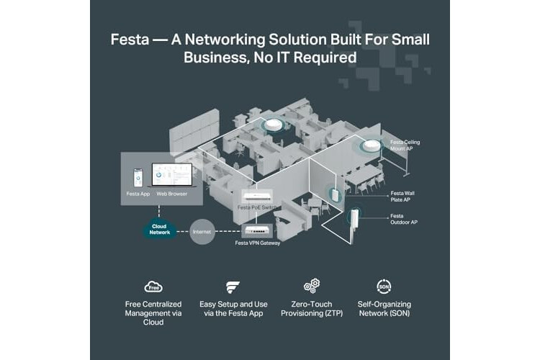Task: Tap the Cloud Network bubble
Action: click(159, 229)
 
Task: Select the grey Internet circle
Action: click(202, 232)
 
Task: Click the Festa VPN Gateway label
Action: click(256, 243)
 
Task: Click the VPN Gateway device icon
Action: click(258, 231)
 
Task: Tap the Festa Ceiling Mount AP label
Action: click(405, 145)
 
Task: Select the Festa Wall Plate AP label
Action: click(402, 197)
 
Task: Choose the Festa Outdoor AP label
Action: click(404, 219)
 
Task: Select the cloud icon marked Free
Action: click(153, 287)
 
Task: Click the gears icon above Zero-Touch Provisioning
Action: click(312, 287)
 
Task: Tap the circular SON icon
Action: click(384, 287)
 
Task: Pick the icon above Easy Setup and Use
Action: click(233, 287)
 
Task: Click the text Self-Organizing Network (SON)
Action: click(384, 309)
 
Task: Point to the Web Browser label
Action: click(172, 194)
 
